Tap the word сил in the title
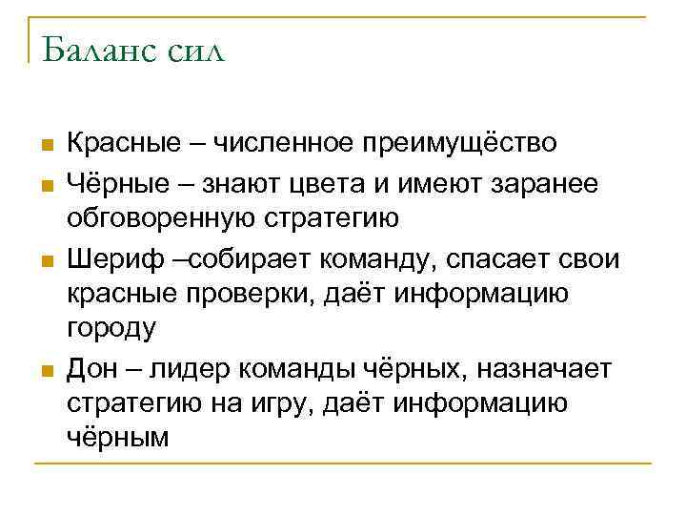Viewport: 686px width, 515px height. [x=197, y=50]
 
